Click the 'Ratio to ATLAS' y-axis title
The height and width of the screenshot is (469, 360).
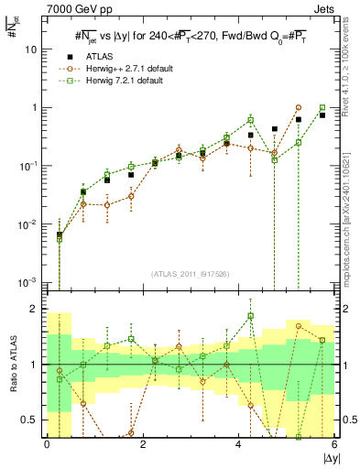(x=12, y=365)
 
